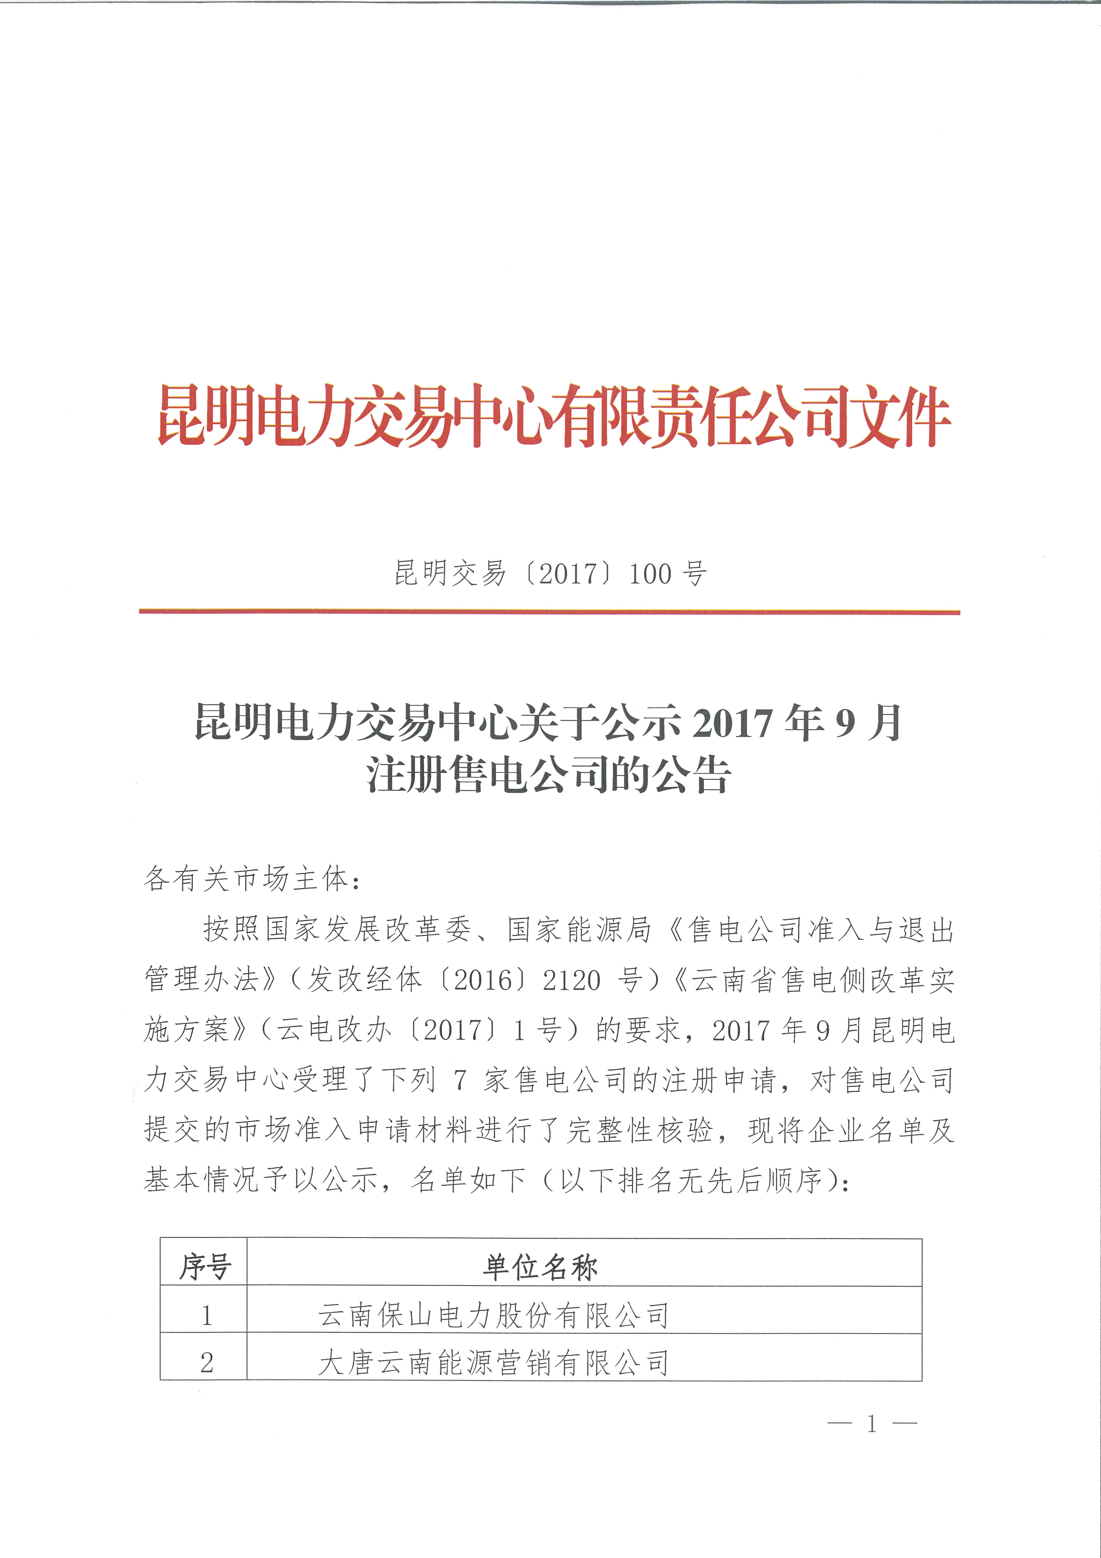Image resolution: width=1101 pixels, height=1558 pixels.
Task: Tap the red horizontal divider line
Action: (x=549, y=612)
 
